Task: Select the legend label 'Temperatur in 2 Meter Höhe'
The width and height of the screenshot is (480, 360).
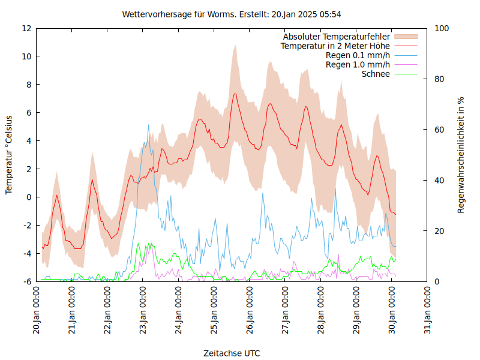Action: pos(335,46)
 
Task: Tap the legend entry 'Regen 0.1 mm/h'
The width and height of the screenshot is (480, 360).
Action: pos(358,55)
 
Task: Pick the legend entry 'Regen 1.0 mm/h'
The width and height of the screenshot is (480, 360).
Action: pos(358,64)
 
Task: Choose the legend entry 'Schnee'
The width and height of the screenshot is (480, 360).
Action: pos(376,74)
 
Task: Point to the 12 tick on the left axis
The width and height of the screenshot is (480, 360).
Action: pos(26,28)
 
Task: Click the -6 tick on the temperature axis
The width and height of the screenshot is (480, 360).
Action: pos(26,281)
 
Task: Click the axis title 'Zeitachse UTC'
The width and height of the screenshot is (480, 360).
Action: pos(232,353)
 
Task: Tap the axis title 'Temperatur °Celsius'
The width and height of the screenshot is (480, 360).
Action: pos(9,155)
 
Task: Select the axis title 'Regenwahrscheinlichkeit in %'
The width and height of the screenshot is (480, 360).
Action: pos(461,155)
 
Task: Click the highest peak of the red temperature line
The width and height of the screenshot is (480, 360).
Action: pos(235,94)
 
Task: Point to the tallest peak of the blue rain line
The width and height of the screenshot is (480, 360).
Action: pos(149,125)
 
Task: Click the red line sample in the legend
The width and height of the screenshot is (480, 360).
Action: pos(405,46)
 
